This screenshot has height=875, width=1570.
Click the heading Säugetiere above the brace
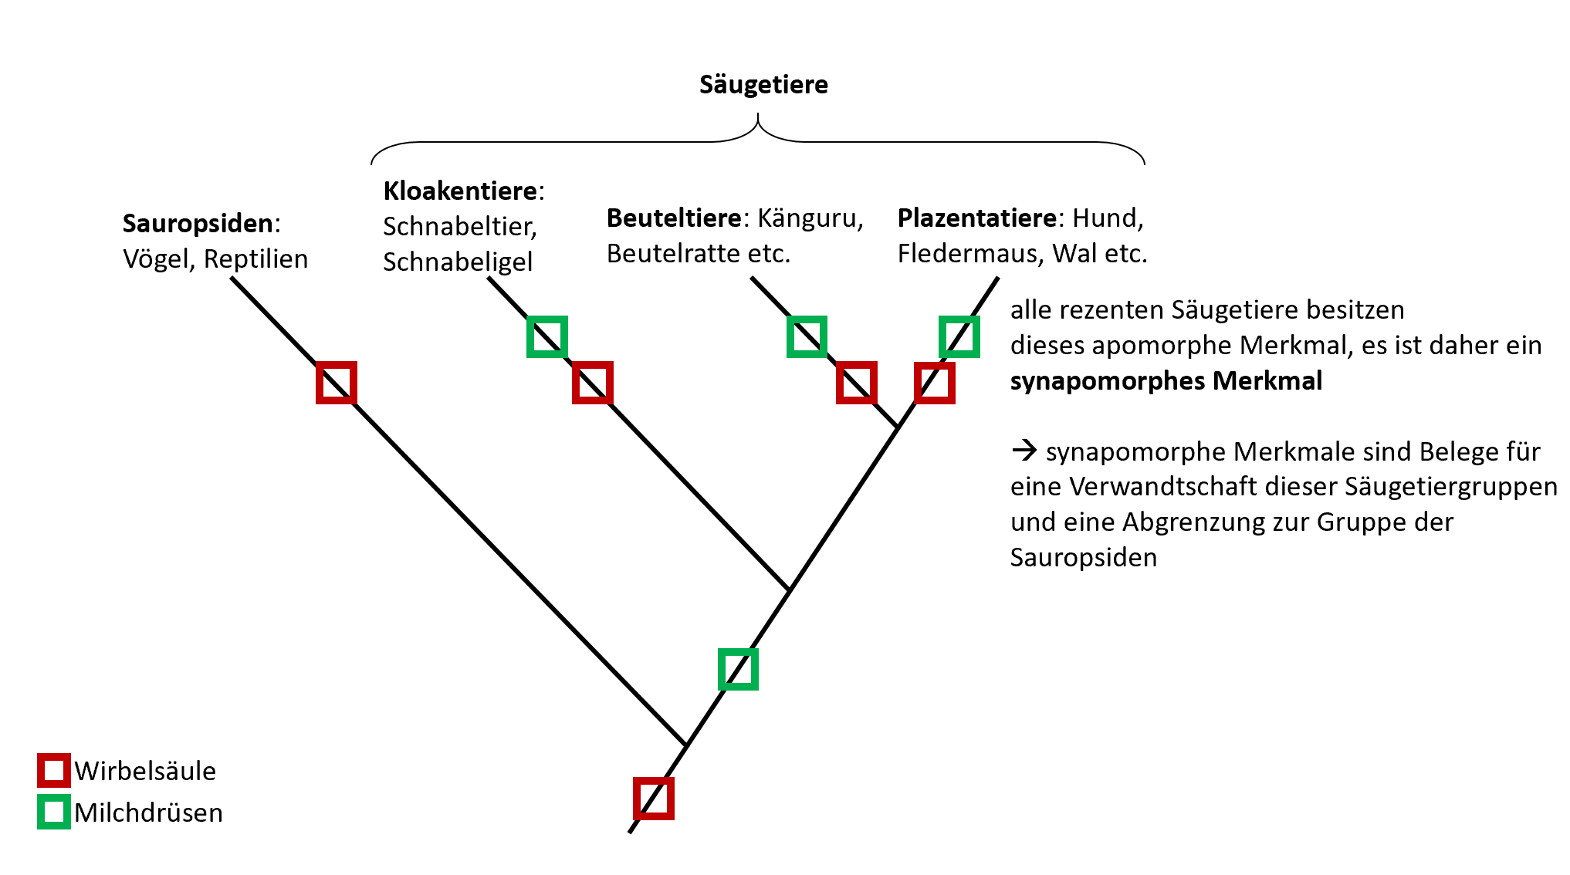[763, 85]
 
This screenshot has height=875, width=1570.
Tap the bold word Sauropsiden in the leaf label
[198, 224]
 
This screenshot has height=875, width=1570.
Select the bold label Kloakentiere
[460, 191]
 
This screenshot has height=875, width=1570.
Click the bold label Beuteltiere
[674, 218]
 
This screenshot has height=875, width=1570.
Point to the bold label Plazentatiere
[977, 218]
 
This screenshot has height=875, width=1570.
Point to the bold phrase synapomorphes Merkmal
[1166, 381]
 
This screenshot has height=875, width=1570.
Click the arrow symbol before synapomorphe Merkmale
[1024, 451]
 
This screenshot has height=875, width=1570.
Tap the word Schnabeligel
[458, 262]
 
